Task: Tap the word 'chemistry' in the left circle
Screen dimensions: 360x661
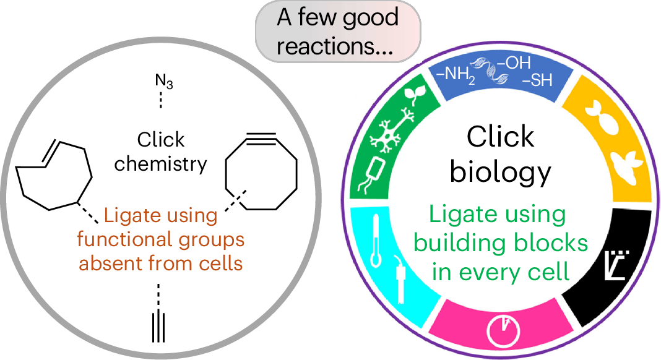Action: (160, 164)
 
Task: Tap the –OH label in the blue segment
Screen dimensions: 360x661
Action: (518, 62)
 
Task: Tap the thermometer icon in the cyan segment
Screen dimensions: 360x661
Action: (374, 242)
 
